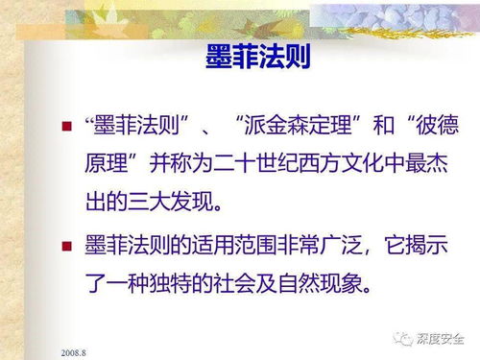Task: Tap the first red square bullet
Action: (66, 127)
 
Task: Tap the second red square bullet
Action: (66, 246)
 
